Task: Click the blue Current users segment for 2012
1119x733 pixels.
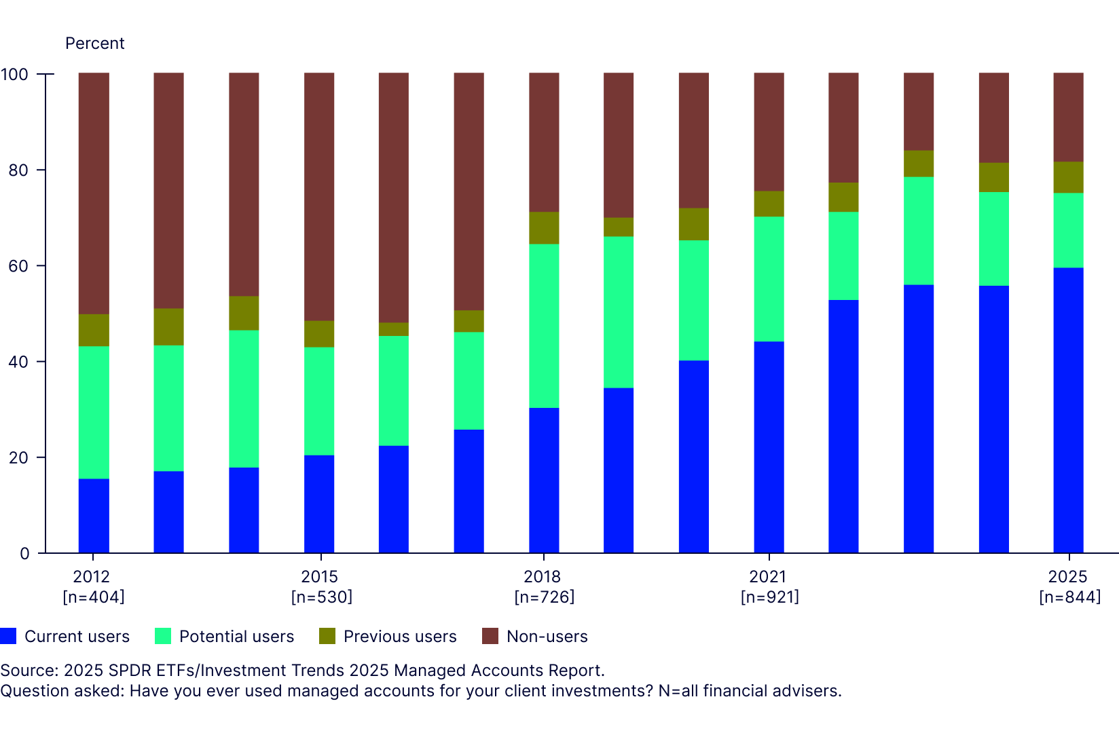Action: (94, 516)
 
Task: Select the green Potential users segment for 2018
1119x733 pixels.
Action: (544, 326)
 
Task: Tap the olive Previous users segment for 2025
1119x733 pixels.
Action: (1068, 177)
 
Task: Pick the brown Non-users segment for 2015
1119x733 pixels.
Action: (319, 197)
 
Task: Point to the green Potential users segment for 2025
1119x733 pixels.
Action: (1068, 230)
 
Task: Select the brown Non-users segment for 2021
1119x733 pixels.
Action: (769, 132)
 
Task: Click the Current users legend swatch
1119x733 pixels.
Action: (8, 636)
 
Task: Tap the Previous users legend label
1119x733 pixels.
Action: (400, 636)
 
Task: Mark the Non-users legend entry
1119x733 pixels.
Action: (547, 636)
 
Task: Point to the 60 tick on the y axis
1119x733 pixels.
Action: (18, 266)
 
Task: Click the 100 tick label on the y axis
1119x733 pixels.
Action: (14, 74)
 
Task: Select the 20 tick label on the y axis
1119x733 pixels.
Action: (18, 457)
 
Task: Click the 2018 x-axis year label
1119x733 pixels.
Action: (542, 576)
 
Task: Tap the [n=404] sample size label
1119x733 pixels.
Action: (94, 597)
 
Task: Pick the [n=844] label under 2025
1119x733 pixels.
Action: (1069, 597)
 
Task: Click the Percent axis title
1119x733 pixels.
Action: (94, 43)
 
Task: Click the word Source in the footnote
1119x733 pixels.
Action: (28, 671)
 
